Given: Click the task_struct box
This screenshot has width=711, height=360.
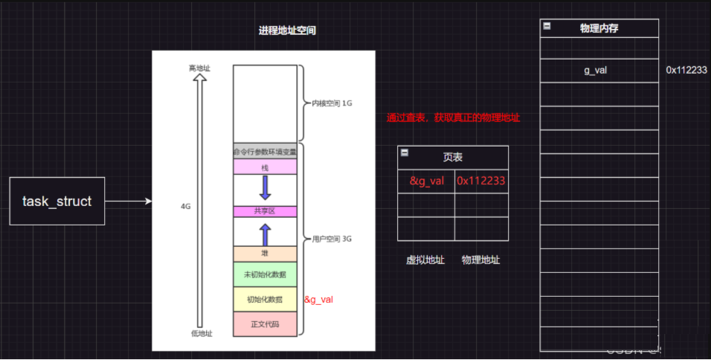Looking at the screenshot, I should (57, 201).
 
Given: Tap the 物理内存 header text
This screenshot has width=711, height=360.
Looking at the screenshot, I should (599, 28).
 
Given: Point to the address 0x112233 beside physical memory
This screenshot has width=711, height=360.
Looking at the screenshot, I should (686, 70).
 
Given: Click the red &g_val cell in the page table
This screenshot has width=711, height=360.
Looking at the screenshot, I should (426, 181).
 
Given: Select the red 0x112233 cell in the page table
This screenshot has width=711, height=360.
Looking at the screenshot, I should (481, 181).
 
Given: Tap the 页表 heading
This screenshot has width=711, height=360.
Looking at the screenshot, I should (453, 158).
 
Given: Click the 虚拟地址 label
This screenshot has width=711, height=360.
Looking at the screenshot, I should (425, 260).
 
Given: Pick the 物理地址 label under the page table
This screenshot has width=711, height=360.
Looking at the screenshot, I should (480, 260).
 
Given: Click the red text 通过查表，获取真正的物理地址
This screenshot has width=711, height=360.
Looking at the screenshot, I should (453, 118).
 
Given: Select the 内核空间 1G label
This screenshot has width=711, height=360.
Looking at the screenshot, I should (331, 103).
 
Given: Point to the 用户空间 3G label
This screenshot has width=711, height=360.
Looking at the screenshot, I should (331, 239).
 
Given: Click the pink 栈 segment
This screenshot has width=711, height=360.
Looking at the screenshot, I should (265, 167).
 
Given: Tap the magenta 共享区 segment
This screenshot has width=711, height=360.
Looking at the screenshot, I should (265, 211).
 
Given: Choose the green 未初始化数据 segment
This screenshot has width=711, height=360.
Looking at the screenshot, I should (265, 274).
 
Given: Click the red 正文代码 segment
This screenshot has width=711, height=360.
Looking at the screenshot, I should (265, 324).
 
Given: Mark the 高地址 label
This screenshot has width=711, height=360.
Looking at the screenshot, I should (199, 68).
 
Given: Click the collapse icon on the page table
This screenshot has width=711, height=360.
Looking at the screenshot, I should (405, 152).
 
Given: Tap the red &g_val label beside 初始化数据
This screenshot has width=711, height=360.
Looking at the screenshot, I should (318, 300).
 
